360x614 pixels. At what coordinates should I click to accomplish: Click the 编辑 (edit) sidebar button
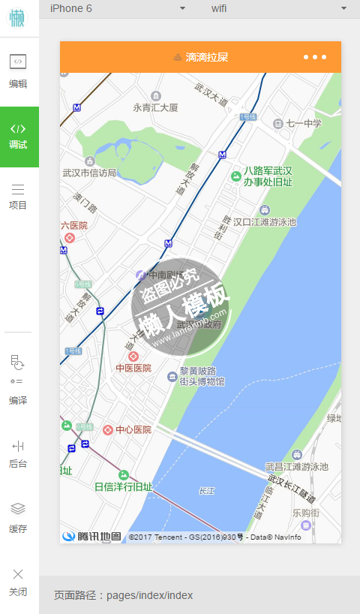tap(19, 71)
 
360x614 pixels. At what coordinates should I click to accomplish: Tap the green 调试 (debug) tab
tap(19, 136)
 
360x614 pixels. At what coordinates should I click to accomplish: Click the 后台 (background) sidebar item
tap(19, 454)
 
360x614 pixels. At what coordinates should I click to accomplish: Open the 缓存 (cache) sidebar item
tap(19, 518)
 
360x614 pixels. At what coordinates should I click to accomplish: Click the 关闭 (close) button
tap(19, 582)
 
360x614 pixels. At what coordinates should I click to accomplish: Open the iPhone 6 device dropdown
tap(117, 8)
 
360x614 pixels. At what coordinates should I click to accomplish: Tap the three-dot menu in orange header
tap(315, 57)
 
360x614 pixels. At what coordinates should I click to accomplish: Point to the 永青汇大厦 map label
tap(156, 107)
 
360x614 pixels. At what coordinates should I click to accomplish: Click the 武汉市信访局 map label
tap(89, 172)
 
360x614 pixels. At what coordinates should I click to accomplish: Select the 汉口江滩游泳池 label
tap(265, 221)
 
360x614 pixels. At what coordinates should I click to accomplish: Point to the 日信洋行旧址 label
tap(124, 486)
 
